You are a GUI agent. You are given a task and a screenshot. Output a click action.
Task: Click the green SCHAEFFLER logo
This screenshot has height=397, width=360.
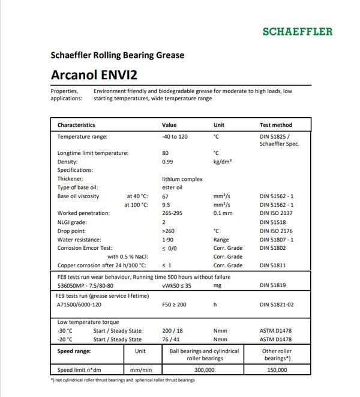(x=297, y=31)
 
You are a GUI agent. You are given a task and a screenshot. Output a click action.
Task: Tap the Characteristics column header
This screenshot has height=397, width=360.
(x=76, y=125)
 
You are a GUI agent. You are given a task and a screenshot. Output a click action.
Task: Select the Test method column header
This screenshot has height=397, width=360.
(x=276, y=125)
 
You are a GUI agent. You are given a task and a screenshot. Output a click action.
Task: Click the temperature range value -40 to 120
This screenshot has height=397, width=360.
(x=175, y=137)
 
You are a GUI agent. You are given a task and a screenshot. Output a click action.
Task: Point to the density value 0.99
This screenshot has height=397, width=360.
(x=169, y=162)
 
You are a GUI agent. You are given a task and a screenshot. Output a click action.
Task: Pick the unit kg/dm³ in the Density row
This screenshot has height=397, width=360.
(x=223, y=162)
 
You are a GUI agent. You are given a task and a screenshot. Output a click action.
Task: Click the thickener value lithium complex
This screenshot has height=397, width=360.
(x=182, y=179)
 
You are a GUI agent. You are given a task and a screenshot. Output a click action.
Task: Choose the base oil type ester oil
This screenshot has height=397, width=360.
(x=172, y=187)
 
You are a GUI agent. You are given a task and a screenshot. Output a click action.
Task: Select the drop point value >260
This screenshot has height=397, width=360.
(x=169, y=231)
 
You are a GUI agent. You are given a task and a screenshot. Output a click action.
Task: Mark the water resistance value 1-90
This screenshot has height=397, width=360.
(x=168, y=239)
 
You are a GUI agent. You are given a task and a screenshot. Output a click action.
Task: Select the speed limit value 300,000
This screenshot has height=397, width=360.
(x=205, y=371)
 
